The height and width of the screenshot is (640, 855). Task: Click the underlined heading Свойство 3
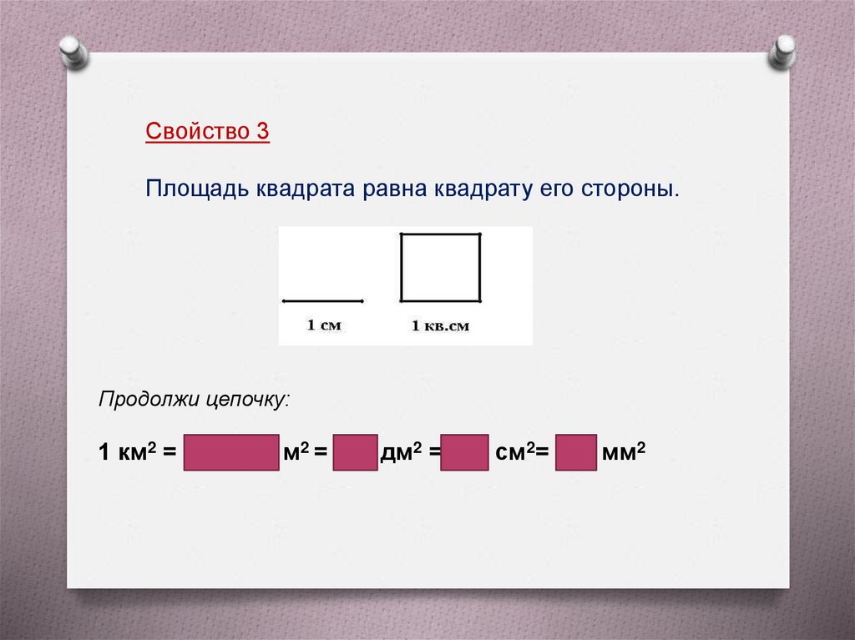pos(207,132)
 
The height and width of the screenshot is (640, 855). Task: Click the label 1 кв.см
pos(440,325)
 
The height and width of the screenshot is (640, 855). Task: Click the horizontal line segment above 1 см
pos(323,300)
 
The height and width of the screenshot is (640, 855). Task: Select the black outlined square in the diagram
pos(441,267)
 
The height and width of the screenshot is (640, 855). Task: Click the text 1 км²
pos(126,453)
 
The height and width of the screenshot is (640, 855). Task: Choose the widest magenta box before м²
pos(230,453)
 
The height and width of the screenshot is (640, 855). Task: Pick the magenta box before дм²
pos(355,453)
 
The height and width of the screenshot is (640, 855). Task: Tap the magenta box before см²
pos(464,453)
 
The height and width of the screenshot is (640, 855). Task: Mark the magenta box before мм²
pos(576,453)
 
